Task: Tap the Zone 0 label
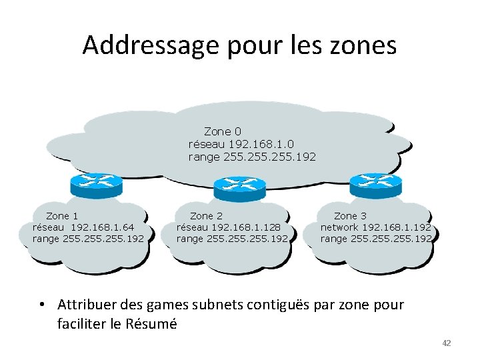[x=223, y=131]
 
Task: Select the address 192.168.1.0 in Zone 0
[x=261, y=144]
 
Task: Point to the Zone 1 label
[x=62, y=216]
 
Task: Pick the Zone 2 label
[x=206, y=216]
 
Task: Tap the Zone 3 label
[x=350, y=216]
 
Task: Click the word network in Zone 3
[x=339, y=227]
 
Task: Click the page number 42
[x=447, y=343]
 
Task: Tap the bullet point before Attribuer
[x=41, y=305]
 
